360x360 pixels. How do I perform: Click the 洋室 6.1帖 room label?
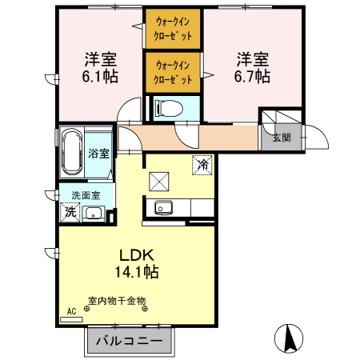(98, 68)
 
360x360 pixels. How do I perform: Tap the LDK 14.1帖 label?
(138, 262)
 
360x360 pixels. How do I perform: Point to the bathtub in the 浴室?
(72, 153)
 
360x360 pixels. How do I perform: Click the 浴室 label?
(99, 153)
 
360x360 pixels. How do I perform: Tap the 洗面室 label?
(85, 194)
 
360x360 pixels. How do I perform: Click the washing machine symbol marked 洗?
(70, 213)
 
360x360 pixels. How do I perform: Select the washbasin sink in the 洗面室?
(94, 213)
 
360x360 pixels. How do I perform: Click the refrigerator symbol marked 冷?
(202, 164)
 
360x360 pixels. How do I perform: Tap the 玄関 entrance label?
(281, 137)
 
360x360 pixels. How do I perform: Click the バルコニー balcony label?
(130, 341)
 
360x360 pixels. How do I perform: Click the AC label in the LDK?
(70, 310)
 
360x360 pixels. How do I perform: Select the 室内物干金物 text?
(117, 302)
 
